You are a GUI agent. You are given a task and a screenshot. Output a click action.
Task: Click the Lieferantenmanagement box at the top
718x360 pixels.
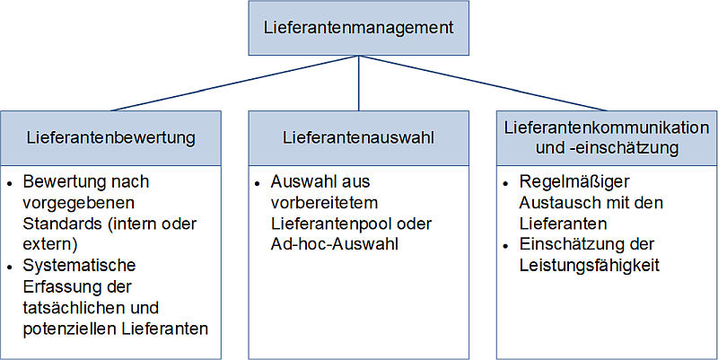tap(358, 28)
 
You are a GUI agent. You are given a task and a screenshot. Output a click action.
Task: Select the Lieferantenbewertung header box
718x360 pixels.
tap(111, 138)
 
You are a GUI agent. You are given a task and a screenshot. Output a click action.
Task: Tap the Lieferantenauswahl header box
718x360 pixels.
tap(358, 138)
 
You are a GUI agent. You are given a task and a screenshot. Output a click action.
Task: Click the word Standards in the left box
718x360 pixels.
tap(57, 222)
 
